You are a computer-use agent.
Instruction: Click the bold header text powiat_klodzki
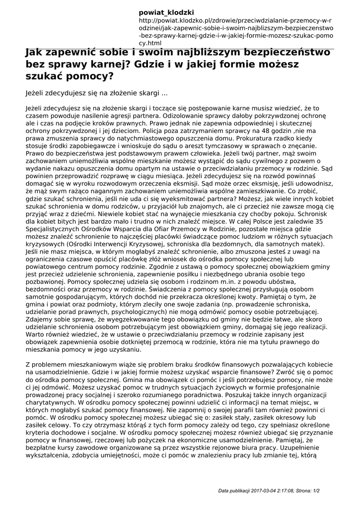tap(166, 12)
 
